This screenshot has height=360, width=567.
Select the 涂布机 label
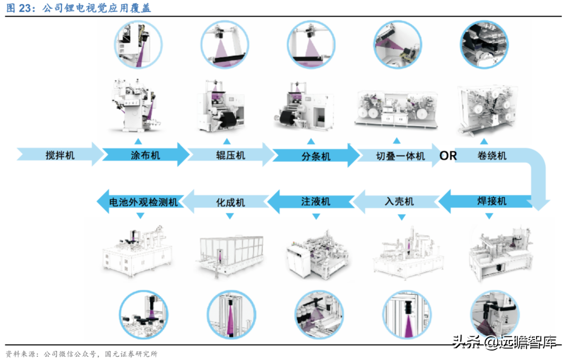tap(145, 155)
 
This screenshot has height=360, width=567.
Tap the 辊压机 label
tap(230, 155)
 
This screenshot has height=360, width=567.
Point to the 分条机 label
tap(316, 156)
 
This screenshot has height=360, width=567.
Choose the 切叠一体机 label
tap(400, 156)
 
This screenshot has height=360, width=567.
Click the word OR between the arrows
tap(448, 155)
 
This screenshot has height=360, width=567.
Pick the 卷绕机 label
tap(492, 155)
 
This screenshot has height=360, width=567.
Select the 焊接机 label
tap(491, 201)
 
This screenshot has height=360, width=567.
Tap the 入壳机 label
tap(400, 202)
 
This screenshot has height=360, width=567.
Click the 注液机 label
tap(316, 202)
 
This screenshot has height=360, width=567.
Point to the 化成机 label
tap(230, 202)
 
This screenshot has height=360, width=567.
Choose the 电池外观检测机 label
tap(143, 202)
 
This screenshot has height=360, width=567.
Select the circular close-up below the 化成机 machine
tap(230, 315)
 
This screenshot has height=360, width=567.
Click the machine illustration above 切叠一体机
tap(397, 108)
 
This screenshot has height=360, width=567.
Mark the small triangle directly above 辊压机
tap(227, 141)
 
